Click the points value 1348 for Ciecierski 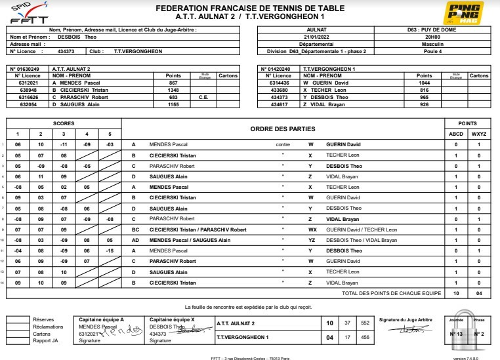point(173,90)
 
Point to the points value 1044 point(425,83)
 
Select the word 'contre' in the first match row point(283,144)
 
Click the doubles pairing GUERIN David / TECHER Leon point(362,230)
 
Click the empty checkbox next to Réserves point(16,319)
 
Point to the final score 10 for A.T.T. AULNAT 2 point(329,323)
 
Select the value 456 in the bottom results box point(366,337)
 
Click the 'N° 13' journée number point(456,334)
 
